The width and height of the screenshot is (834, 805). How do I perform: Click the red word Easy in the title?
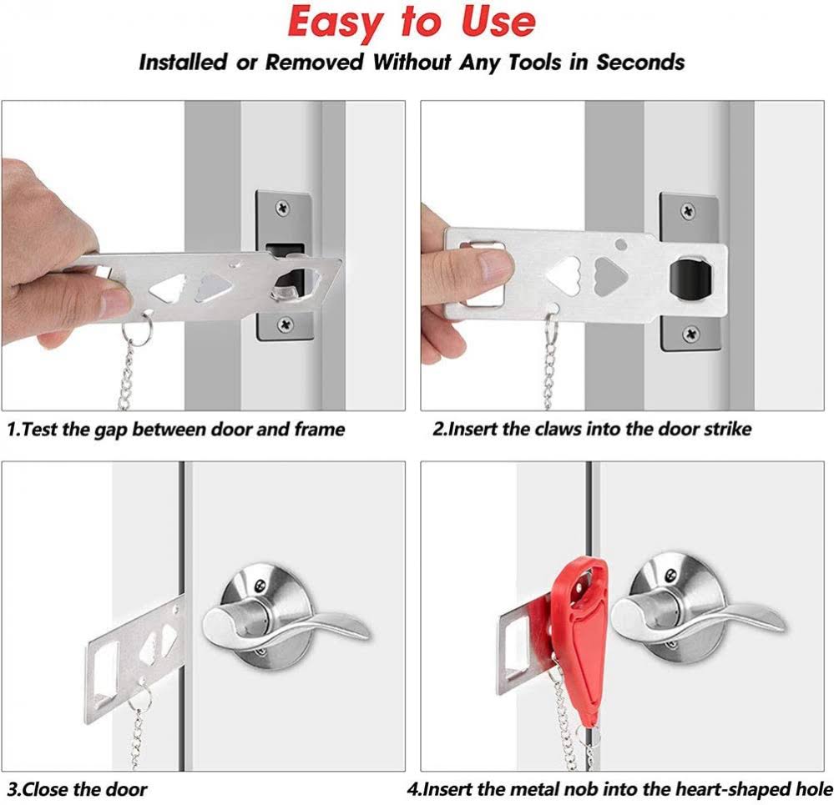[x=343, y=23]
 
